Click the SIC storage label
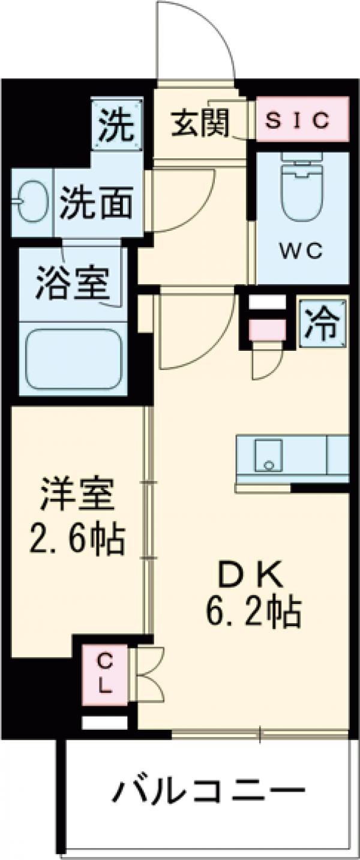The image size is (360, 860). click(x=302, y=121)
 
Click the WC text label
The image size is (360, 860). click(x=302, y=251)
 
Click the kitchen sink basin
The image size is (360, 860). click(x=267, y=455)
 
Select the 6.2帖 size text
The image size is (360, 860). click(x=253, y=612)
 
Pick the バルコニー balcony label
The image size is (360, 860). click(x=206, y=792)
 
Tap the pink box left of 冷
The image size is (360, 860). click(x=268, y=330)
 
